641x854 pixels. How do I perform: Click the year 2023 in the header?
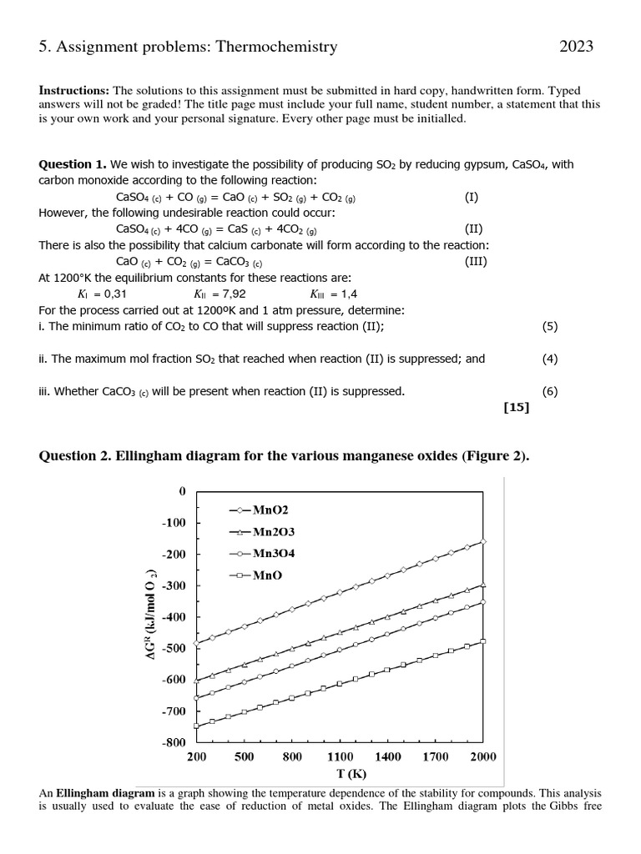tap(576, 47)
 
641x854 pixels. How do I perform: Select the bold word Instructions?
tap(74, 90)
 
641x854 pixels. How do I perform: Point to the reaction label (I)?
tap(472, 197)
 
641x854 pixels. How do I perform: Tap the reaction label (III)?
tap(476, 261)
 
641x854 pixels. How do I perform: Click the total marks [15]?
tap(516, 408)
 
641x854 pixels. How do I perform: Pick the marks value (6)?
tap(549, 391)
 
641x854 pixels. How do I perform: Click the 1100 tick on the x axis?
tap(340, 756)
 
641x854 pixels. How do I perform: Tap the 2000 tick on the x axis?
tap(482, 756)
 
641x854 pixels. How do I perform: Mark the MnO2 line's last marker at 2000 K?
tap(483, 541)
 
